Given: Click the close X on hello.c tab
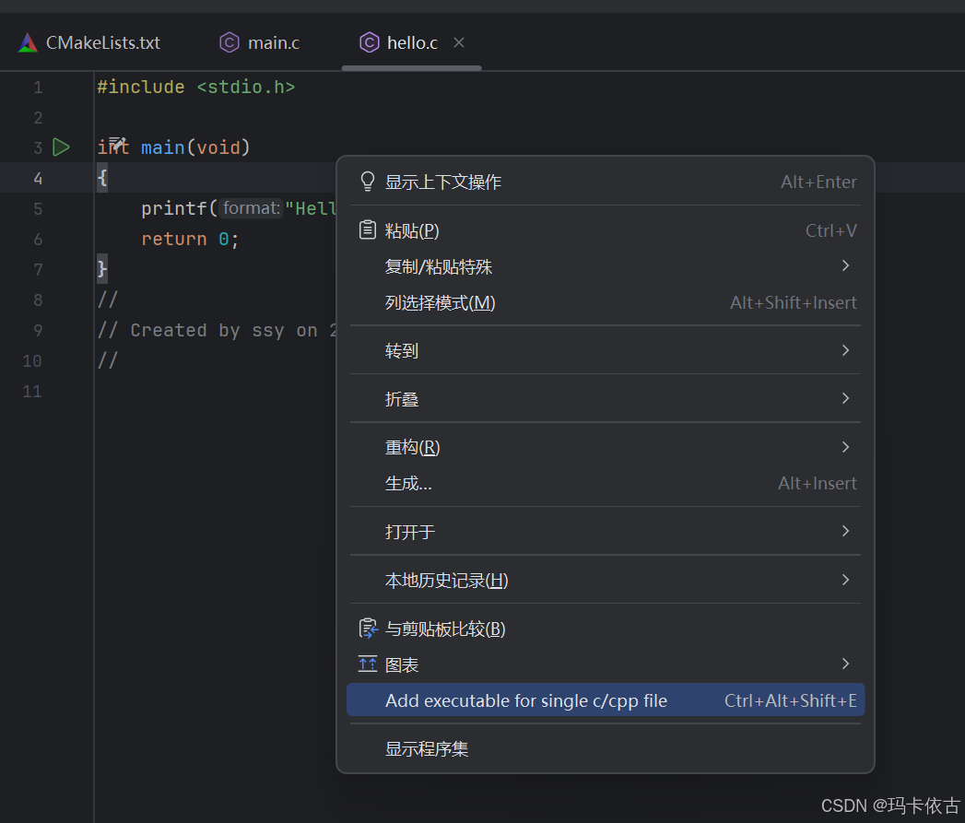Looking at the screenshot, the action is [x=459, y=42].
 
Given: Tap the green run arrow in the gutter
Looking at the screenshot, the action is [x=62, y=147].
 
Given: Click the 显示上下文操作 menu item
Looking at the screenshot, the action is [x=443, y=182].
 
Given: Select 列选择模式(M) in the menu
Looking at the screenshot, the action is [x=441, y=302].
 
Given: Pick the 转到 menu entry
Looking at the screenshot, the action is [x=402, y=351].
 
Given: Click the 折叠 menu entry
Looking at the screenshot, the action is [x=402, y=399].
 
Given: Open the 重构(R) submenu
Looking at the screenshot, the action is [x=412, y=447].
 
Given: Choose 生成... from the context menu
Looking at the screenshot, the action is [x=408, y=483].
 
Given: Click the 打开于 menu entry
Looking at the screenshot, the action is [x=410, y=532].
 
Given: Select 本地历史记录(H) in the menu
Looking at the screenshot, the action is [x=446, y=580].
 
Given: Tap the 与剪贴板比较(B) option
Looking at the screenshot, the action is [x=445, y=629].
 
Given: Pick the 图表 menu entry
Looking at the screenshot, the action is [x=402, y=664].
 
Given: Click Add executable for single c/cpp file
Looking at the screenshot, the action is [x=526, y=700].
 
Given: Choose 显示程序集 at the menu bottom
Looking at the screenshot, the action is [x=427, y=748].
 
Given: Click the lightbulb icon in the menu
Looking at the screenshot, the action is [x=368, y=182].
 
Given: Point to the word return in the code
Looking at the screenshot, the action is [x=174, y=239].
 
